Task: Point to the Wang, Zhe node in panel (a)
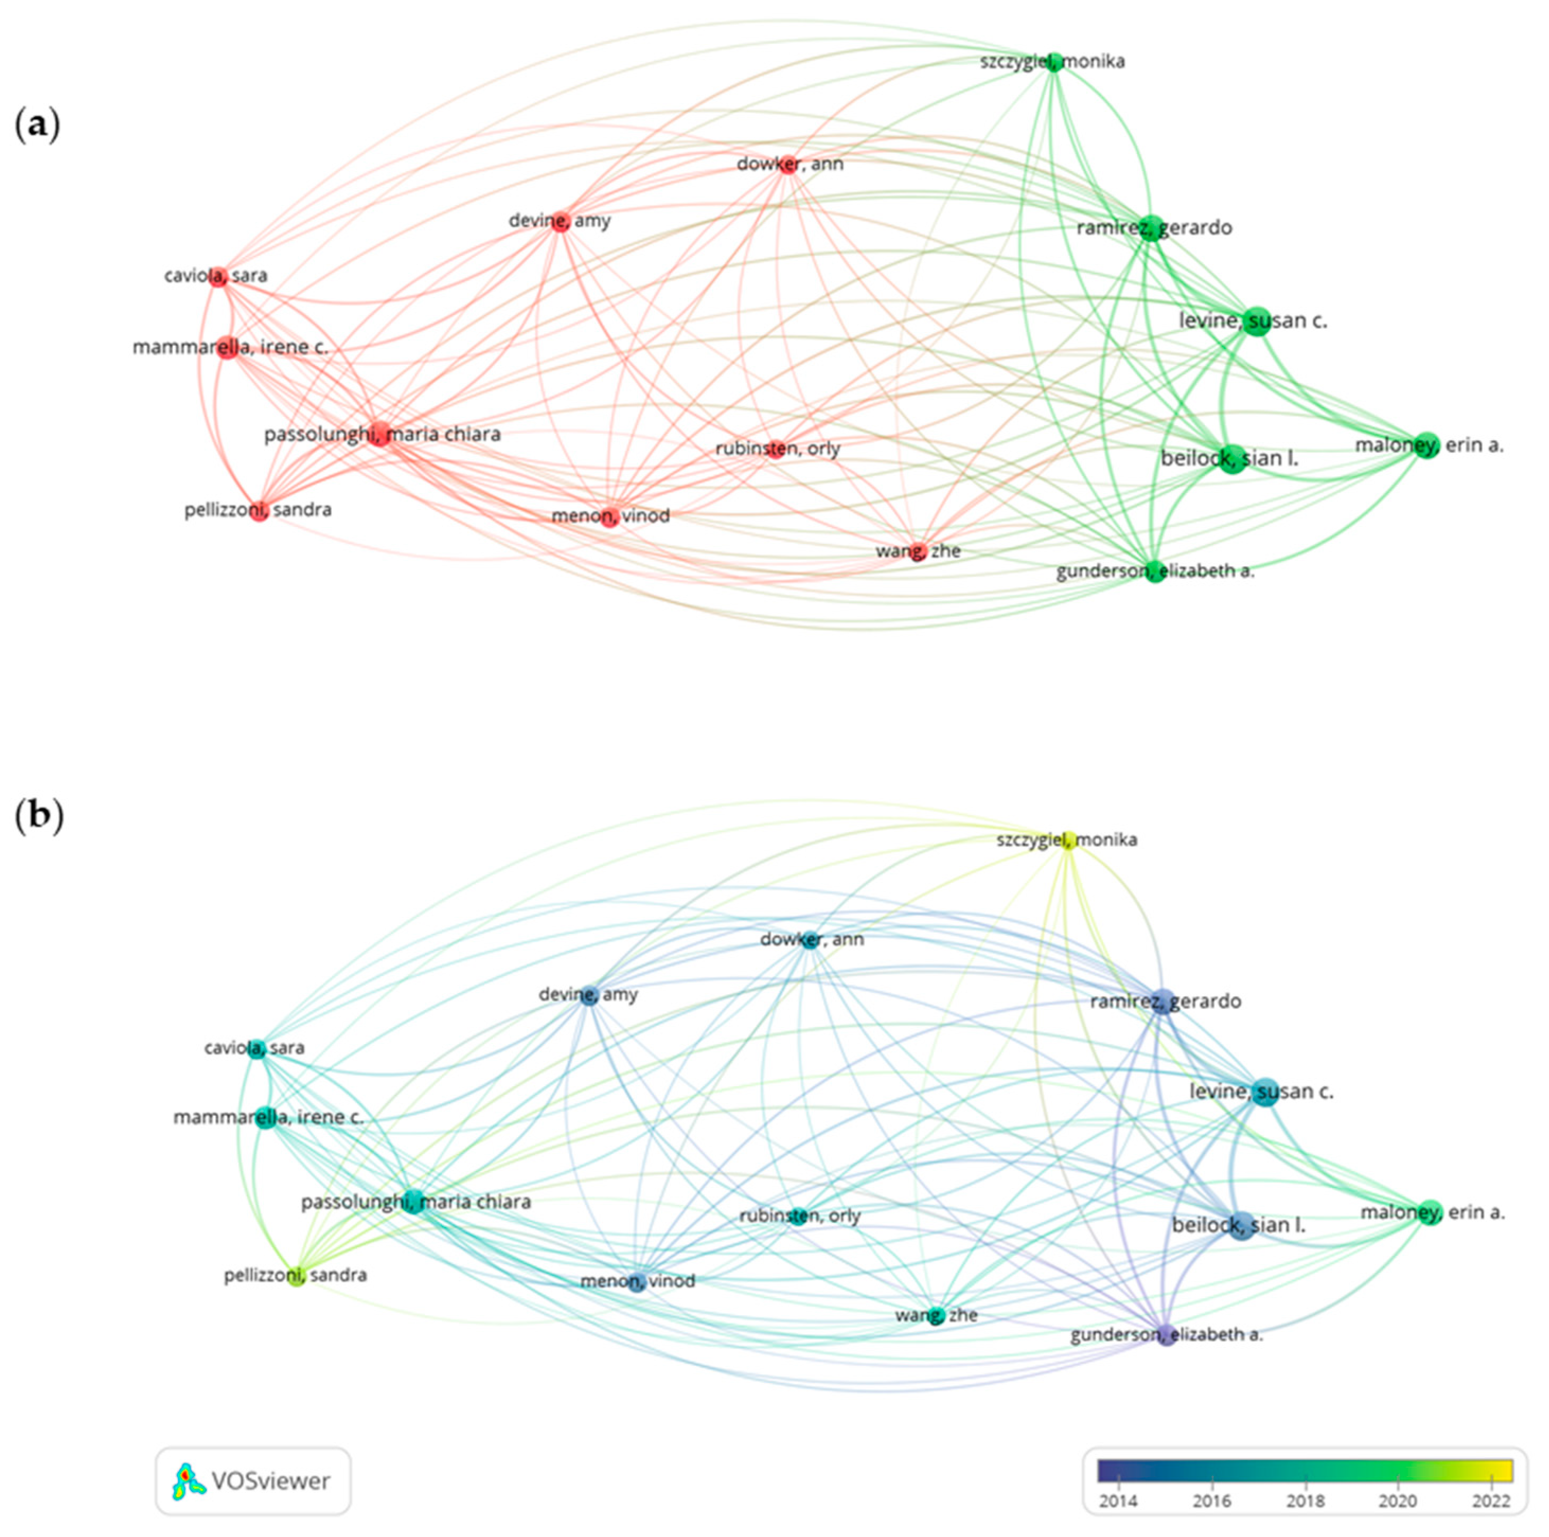pos(919,551)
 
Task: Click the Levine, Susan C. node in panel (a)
pos(1257,321)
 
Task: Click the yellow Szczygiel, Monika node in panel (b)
pos(1068,841)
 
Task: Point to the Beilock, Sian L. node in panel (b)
pos(1242,1227)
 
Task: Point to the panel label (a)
pos(38,126)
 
